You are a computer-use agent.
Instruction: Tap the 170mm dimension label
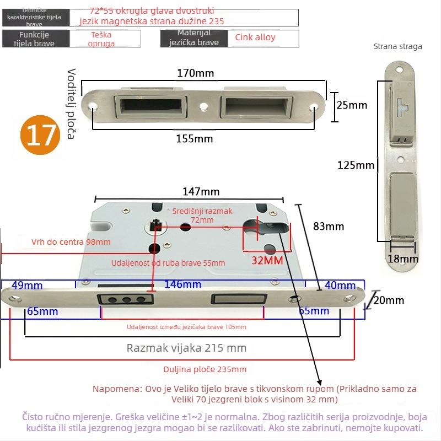(x=195, y=73)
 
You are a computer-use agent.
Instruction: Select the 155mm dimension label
(x=194, y=139)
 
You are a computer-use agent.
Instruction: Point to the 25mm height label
(x=351, y=105)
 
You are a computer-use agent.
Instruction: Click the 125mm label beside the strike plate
(x=357, y=165)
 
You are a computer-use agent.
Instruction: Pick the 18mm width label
(x=404, y=259)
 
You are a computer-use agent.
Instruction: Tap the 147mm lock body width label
(x=201, y=192)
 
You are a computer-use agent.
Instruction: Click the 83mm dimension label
(x=328, y=226)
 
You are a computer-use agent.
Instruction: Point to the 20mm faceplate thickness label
(x=389, y=300)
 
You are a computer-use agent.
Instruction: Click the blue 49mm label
(x=26, y=285)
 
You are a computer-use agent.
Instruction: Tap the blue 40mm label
(x=340, y=285)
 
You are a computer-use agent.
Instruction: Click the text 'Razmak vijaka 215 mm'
(x=186, y=348)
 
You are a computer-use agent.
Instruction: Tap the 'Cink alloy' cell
(x=255, y=37)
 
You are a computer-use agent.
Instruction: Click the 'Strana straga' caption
(x=397, y=46)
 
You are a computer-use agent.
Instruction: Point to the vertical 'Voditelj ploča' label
(x=71, y=104)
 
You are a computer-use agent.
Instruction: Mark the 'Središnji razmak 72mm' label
(x=202, y=216)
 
